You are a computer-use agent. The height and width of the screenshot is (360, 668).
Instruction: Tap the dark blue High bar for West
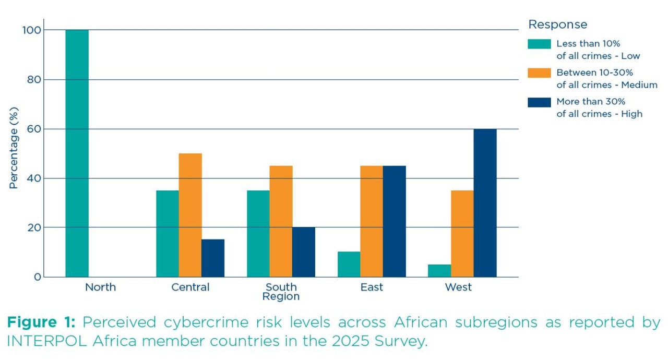click(485, 203)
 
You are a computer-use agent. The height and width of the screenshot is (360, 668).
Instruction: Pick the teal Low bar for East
click(349, 265)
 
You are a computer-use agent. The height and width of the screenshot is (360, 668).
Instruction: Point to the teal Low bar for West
click(439, 271)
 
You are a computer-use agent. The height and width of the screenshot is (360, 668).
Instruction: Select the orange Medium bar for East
click(372, 221)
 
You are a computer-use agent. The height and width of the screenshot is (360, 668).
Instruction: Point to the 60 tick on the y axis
click(34, 129)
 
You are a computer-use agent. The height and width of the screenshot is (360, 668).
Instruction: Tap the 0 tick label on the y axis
click(37, 277)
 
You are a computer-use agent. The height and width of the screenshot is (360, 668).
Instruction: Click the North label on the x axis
click(100, 287)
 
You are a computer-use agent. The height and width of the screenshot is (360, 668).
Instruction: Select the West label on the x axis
click(458, 287)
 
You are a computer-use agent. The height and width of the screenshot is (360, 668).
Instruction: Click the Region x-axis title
click(281, 297)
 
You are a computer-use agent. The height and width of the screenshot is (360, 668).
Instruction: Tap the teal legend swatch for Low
click(539, 44)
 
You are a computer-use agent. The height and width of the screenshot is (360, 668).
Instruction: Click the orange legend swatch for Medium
click(539, 73)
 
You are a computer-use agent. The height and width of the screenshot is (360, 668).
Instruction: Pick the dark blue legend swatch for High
click(539, 102)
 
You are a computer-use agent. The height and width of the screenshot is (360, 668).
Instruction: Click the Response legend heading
click(557, 25)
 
